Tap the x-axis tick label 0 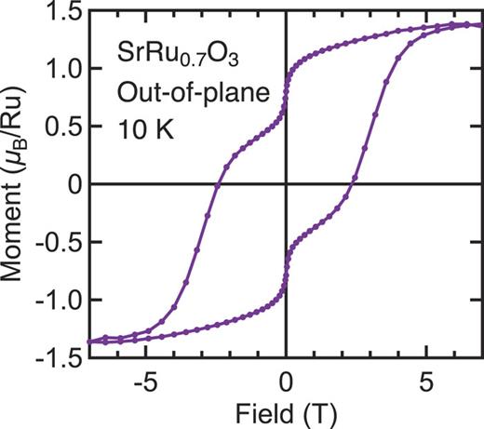[x=286, y=382]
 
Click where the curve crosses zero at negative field [x=218, y=184]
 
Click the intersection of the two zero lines [x=286, y=184]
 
